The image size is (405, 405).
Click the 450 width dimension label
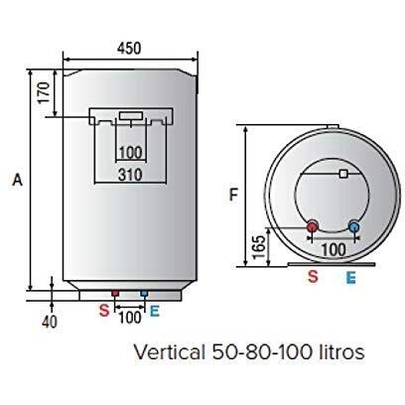click(x=129, y=49)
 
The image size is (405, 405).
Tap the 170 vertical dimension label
click(x=44, y=93)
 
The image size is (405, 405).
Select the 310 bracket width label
click(x=130, y=175)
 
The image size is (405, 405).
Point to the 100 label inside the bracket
click(x=130, y=153)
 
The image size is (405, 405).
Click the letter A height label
click(x=18, y=180)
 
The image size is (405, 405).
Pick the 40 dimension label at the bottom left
click(x=50, y=322)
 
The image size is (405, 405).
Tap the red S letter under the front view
click(x=104, y=311)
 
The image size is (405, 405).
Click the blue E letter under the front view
click(x=155, y=311)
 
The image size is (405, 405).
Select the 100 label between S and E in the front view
click(x=130, y=318)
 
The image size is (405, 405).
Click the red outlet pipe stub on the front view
click(x=115, y=293)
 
